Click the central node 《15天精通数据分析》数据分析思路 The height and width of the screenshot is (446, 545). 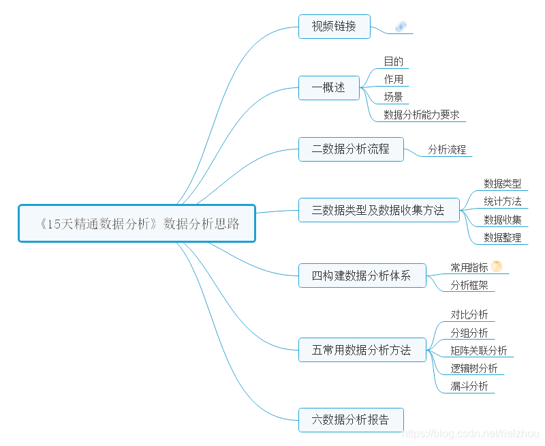(137, 223)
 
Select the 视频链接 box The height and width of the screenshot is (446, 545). (334, 27)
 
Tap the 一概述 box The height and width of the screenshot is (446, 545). (328, 87)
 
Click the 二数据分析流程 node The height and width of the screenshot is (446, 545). (351, 149)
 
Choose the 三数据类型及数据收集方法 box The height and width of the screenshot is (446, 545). (378, 210)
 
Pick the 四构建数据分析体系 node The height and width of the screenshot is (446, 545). (362, 276)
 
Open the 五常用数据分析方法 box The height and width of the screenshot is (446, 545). (362, 350)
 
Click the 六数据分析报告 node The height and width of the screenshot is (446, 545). (351, 420)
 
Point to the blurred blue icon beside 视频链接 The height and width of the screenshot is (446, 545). (401, 27)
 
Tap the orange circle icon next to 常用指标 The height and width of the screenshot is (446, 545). (497, 267)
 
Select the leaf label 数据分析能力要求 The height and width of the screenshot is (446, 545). (421, 115)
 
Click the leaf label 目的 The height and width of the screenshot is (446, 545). (394, 61)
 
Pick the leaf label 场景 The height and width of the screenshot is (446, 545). (394, 97)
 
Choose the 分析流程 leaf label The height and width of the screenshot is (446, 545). (447, 149)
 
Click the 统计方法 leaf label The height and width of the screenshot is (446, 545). (503, 201)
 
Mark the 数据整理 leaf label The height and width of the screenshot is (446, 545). (503, 237)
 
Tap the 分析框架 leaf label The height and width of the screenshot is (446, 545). (469, 285)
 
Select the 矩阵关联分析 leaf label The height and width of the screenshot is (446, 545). (479, 351)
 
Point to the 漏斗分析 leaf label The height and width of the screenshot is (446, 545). (469, 386)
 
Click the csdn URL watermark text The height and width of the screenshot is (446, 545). (471, 434)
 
